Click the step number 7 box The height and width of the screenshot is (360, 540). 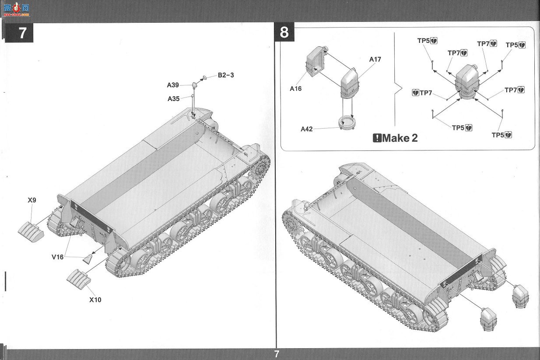pyautogui.click(x=19, y=33)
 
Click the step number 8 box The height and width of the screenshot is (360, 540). pyautogui.click(x=284, y=32)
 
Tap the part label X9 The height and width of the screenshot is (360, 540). pyautogui.click(x=32, y=200)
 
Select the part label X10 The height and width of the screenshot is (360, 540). pyautogui.click(x=95, y=300)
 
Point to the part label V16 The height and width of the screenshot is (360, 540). pyautogui.click(x=58, y=257)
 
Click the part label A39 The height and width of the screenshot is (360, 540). pyautogui.click(x=173, y=85)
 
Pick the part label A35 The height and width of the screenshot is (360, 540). pyautogui.click(x=174, y=98)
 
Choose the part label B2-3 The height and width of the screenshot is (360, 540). pyautogui.click(x=226, y=75)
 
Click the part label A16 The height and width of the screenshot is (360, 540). pyautogui.click(x=295, y=89)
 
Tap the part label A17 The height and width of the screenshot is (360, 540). pyautogui.click(x=375, y=59)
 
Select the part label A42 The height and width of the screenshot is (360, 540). pyautogui.click(x=307, y=129)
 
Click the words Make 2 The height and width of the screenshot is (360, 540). pyautogui.click(x=400, y=138)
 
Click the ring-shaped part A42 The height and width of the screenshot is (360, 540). pyautogui.click(x=347, y=123)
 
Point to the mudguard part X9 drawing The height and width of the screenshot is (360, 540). pyautogui.click(x=31, y=232)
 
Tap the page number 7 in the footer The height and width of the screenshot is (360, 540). pyautogui.click(x=277, y=354)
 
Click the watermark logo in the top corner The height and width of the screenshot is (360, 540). pyautogui.click(x=16, y=10)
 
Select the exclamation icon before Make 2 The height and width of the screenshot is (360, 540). pyautogui.click(x=377, y=138)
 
